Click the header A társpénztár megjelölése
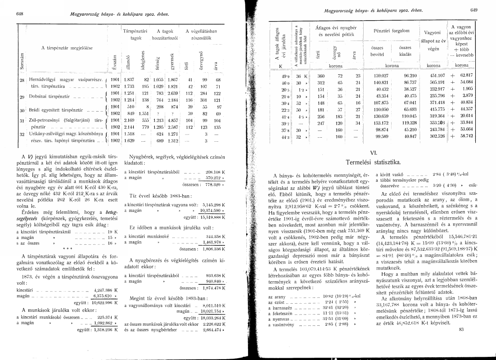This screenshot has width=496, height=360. tap(67, 47)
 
